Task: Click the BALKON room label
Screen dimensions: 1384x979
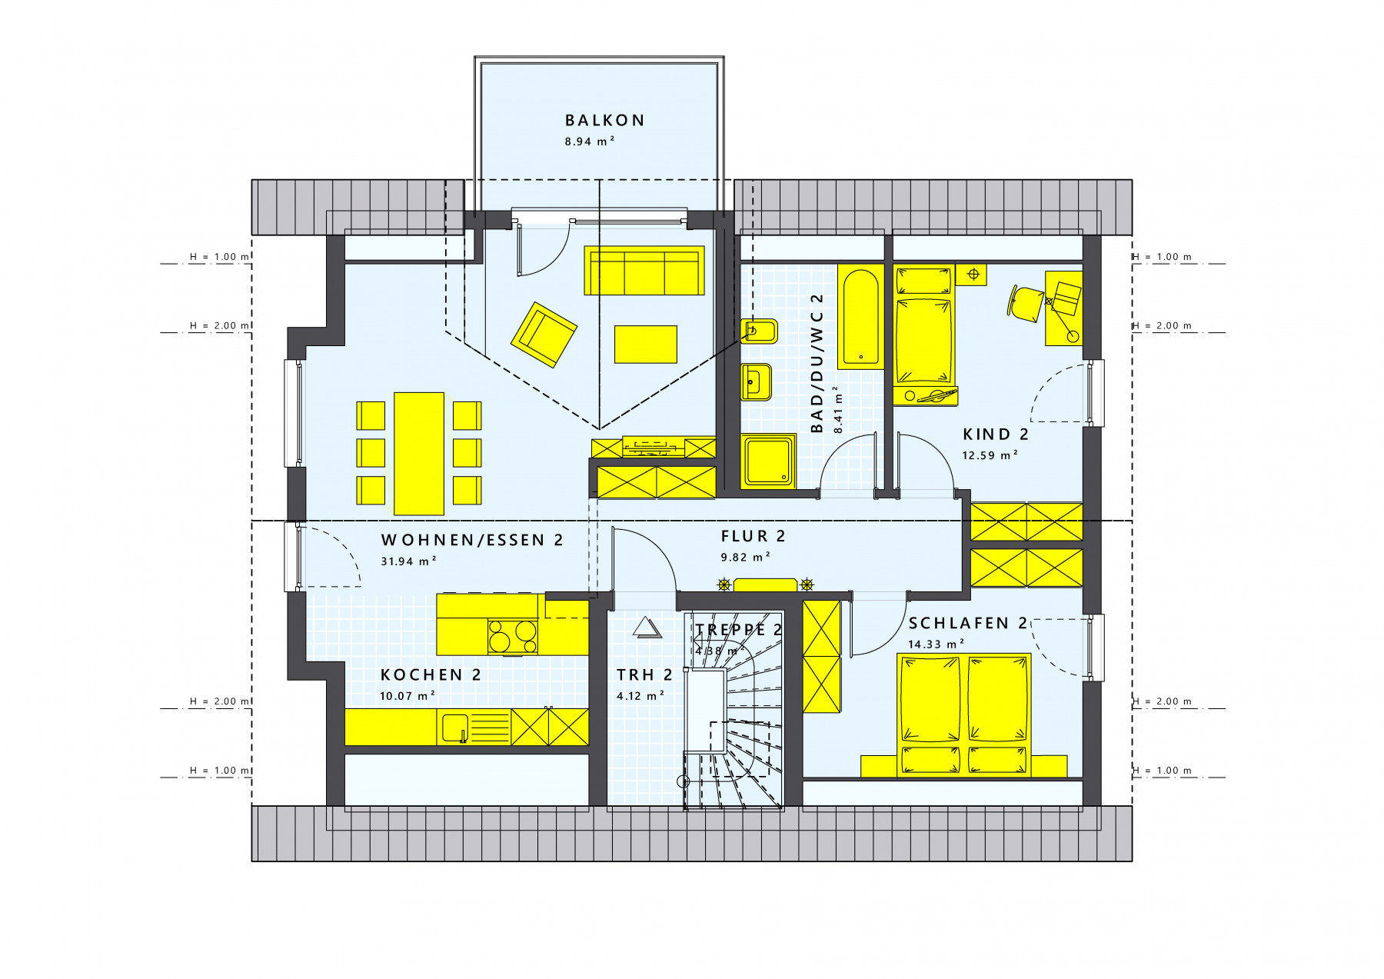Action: coord(604,121)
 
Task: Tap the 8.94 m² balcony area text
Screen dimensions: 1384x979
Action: coord(590,142)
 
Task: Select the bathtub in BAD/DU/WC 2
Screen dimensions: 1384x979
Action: coord(860,317)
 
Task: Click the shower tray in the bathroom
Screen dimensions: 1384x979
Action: coord(769,461)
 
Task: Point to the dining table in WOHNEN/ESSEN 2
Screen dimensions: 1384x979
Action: coord(419,453)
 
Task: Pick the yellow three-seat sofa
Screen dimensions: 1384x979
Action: coord(644,270)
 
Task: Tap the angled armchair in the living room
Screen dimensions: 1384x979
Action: coord(544,335)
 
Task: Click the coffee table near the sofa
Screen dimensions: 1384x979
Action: coord(646,344)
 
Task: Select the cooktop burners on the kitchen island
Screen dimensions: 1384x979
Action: coord(512,637)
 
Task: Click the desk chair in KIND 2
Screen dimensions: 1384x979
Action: coord(1025,301)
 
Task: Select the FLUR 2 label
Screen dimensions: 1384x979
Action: coord(753,536)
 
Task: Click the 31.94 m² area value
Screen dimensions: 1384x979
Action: coord(409,561)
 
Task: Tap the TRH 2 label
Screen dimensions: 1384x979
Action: coord(644,675)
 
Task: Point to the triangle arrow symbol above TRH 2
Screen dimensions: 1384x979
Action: coord(647,627)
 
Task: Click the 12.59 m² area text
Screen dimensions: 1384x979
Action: coord(990,455)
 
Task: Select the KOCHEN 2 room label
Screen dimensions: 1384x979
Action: coord(431,675)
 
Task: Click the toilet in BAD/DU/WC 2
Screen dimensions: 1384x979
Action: coord(760,331)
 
